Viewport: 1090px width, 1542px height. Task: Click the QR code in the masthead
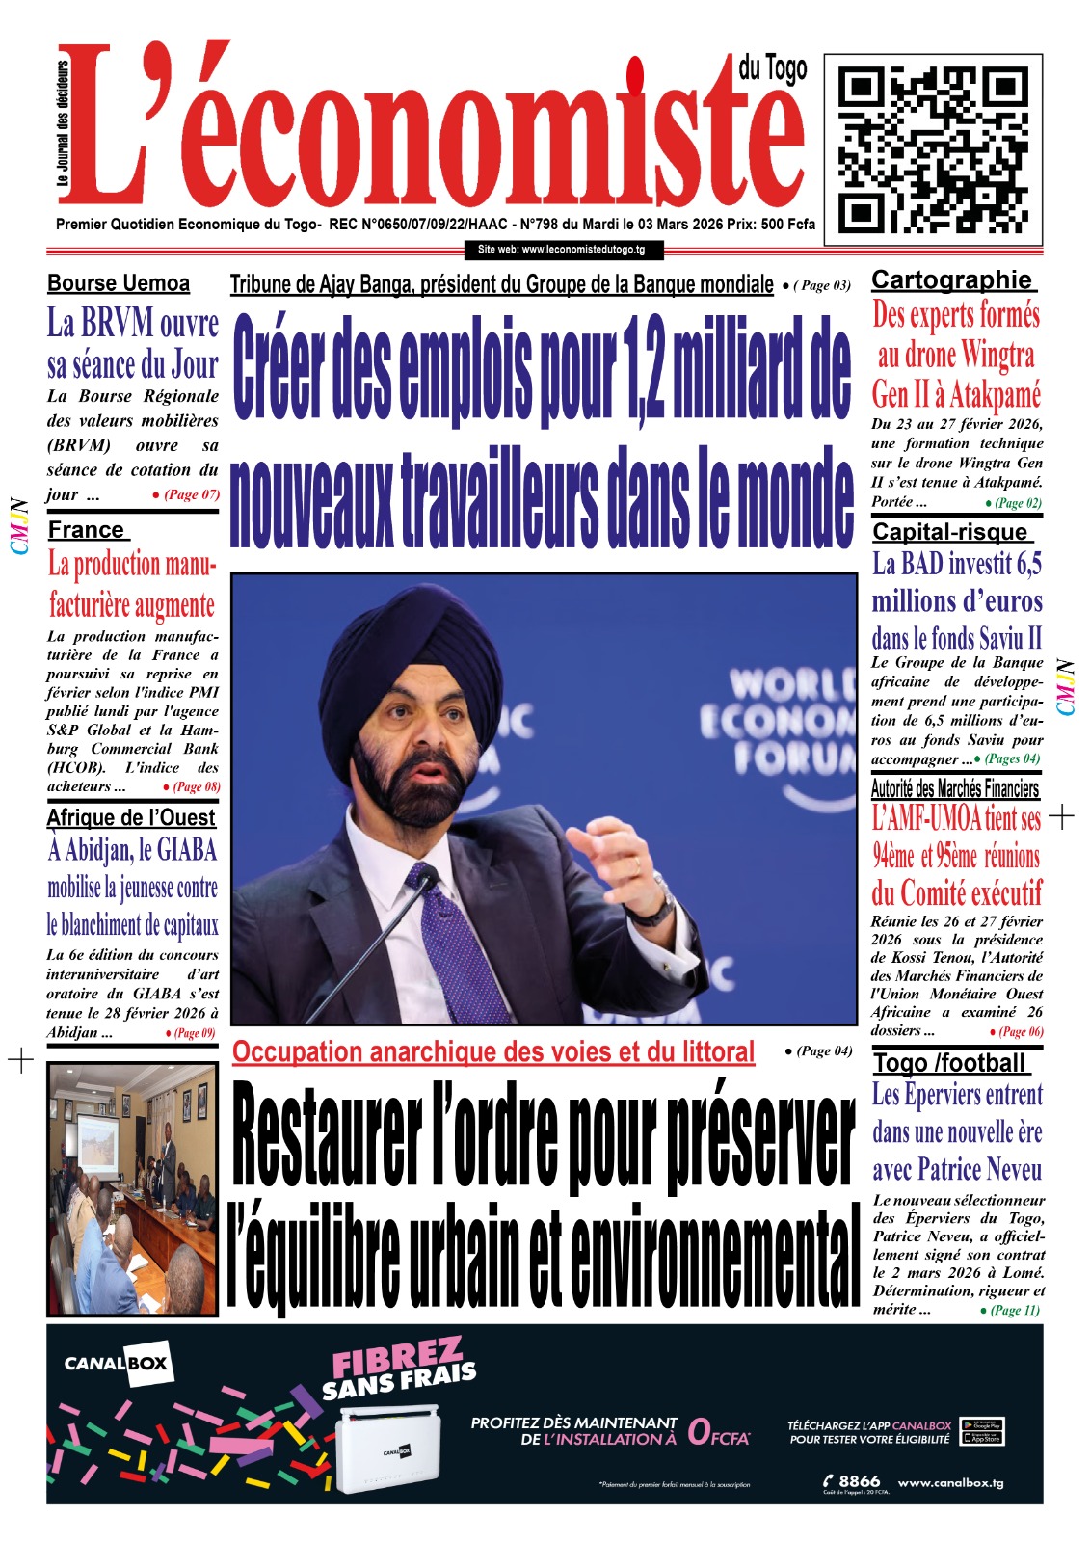(x=932, y=150)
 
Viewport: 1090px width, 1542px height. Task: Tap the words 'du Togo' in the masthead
(x=773, y=68)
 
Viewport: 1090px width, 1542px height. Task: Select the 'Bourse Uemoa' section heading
(x=119, y=283)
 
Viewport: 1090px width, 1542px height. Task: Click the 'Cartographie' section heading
(x=951, y=280)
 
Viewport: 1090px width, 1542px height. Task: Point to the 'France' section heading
(x=87, y=530)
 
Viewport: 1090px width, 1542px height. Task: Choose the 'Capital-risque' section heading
(x=950, y=532)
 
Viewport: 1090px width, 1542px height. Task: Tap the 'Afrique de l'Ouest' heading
(x=131, y=817)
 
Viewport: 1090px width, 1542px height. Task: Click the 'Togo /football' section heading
(x=949, y=1063)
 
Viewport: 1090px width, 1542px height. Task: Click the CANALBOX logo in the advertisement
(x=116, y=1364)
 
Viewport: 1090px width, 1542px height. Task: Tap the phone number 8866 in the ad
(x=852, y=1481)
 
